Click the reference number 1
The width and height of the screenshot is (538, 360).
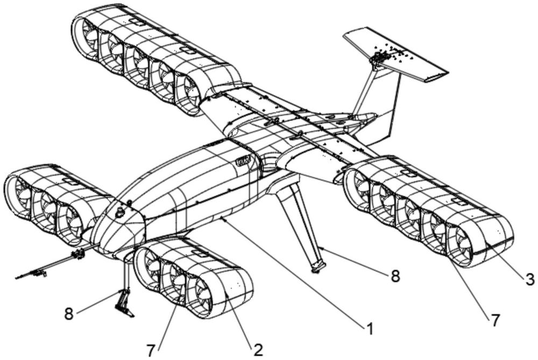click(369, 328)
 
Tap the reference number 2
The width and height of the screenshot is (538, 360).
click(258, 350)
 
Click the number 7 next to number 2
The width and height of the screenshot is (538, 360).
click(151, 351)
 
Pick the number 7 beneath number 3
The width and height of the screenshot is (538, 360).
click(494, 320)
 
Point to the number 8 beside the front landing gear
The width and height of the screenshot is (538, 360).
click(69, 314)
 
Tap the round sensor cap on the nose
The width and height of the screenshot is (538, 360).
click(120, 213)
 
